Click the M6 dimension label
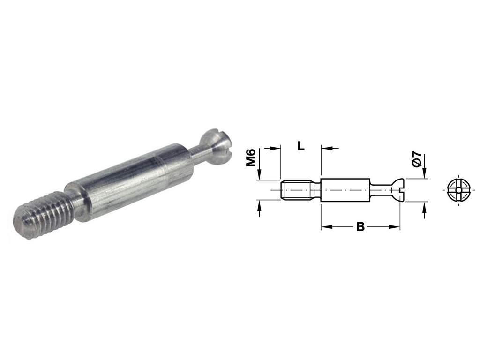pyautogui.click(x=251, y=157)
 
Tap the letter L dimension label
pyautogui.click(x=301, y=146)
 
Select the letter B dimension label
pyautogui.click(x=360, y=227)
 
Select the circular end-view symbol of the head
pyautogui.click(x=458, y=190)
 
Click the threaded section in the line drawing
pyautogui.click(x=296, y=190)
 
